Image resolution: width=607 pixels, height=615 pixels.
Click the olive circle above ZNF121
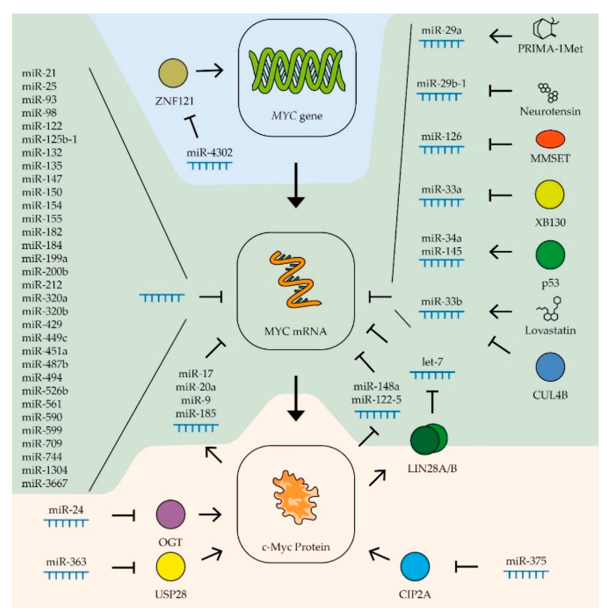click(173, 73)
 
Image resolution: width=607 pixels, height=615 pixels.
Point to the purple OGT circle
click(170, 514)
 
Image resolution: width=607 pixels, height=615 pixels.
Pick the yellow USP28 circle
click(170, 566)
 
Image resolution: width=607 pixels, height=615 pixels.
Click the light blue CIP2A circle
click(415, 566)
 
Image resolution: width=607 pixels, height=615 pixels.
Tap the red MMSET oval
click(550, 139)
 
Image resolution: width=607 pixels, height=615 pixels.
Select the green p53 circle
click(550, 254)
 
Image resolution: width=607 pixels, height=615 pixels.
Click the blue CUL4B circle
click(550, 367)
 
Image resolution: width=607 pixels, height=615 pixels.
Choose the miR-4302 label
click(209, 152)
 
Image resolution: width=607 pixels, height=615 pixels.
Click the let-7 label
click(432, 362)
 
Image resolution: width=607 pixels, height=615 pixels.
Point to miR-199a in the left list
click(44, 259)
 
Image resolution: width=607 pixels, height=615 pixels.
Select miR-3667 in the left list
click(44, 483)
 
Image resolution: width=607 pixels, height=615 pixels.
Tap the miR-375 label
click(526, 561)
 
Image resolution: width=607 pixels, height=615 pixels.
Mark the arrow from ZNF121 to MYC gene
click(209, 70)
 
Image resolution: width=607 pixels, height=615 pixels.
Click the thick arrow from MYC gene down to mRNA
click(296, 185)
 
